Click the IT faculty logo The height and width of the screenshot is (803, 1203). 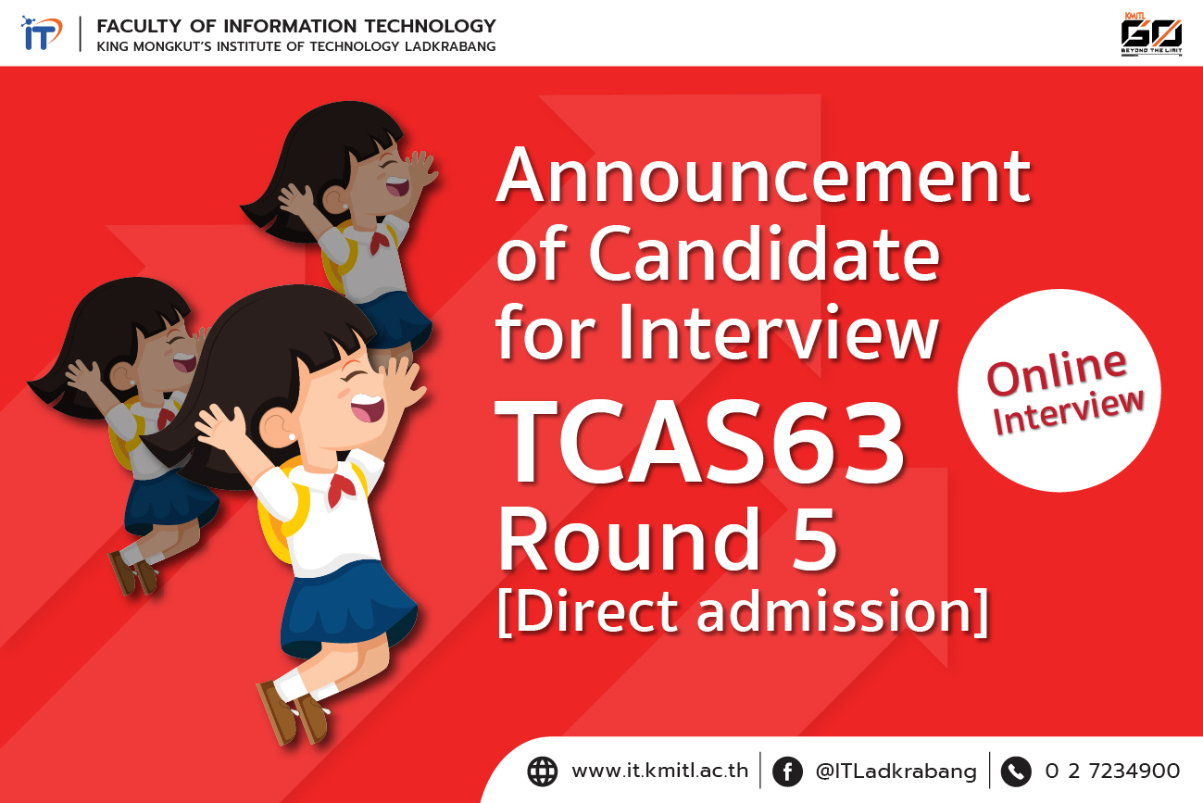[x=42, y=33]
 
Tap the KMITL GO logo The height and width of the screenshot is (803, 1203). [x=1151, y=34]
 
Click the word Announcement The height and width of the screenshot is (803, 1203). [x=763, y=175]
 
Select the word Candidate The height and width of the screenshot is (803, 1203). [x=764, y=254]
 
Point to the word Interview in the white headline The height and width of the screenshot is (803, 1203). [x=778, y=332]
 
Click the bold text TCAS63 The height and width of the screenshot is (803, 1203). [x=698, y=442]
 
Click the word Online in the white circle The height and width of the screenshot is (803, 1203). [x=1057, y=371]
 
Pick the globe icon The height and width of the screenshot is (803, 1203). [x=542, y=772]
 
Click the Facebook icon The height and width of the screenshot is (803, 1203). [x=787, y=772]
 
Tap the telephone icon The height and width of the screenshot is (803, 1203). [x=1016, y=772]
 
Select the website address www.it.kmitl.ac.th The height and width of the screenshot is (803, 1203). [x=660, y=771]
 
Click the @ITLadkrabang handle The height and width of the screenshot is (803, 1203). [x=896, y=772]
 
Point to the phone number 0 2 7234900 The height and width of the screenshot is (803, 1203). [x=1112, y=771]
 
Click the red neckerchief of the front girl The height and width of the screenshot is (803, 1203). [x=341, y=488]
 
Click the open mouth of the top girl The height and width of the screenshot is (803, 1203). [x=398, y=186]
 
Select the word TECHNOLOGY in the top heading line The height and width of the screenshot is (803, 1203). [x=431, y=25]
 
